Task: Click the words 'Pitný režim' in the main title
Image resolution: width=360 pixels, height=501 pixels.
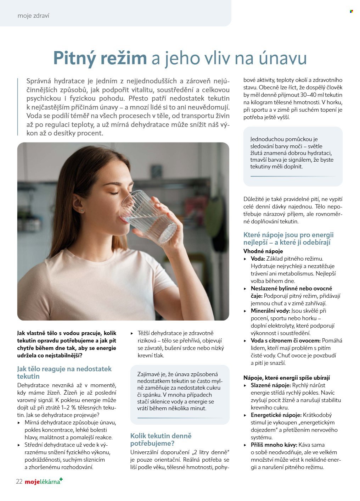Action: [100, 58]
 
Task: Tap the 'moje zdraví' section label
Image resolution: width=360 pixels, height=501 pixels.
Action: [33, 16]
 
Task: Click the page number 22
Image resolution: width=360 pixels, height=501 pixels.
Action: [19, 481]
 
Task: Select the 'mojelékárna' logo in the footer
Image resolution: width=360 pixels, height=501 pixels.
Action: [44, 481]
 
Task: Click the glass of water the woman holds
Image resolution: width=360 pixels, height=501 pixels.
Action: [149, 217]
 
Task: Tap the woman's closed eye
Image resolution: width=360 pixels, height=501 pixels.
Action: [114, 193]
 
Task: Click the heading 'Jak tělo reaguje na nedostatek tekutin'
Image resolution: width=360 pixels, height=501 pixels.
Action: [64, 372]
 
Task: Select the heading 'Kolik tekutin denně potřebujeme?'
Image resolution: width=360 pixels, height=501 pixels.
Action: [161, 439]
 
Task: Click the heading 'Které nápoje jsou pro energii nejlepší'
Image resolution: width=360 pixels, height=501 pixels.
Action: [288, 238]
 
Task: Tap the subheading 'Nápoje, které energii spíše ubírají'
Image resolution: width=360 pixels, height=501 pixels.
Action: [286, 378]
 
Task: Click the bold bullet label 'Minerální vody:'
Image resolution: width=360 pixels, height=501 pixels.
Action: [270, 311]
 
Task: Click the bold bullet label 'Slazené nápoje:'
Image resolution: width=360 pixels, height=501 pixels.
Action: [271, 385]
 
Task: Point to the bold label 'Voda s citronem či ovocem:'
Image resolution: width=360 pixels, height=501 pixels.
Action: [286, 340]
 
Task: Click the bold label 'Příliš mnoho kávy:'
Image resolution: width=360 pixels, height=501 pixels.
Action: [274, 445]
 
